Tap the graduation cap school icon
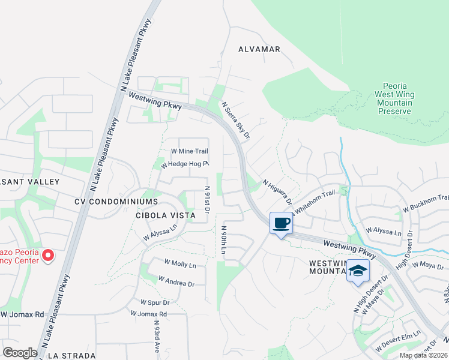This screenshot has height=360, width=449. pos(358,271)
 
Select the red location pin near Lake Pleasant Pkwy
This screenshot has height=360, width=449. pos(48,256)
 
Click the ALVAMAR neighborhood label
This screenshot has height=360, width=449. pos(259,49)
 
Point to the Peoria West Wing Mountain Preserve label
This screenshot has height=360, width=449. pos(394,98)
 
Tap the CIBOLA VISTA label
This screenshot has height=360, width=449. pos(166,215)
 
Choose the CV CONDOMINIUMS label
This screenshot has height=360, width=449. pos(117,202)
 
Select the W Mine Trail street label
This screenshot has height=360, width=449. pos(189,151)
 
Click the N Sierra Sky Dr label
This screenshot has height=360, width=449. pos(235,121)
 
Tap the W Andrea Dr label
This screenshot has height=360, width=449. pos(176,279)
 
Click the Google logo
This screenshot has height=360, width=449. pos(20,353)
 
